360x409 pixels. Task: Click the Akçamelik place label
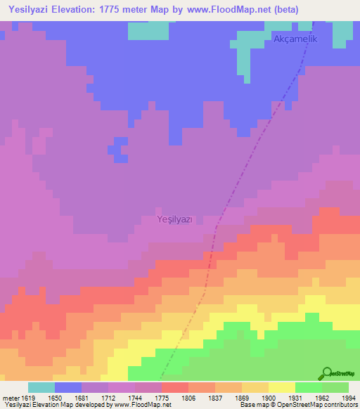(x=295, y=39)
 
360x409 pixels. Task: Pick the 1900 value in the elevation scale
(x=268, y=398)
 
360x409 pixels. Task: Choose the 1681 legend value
(x=82, y=398)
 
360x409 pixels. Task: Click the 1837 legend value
(x=214, y=398)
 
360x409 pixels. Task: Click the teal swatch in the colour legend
(x=41, y=387)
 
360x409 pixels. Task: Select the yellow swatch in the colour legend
(x=281, y=387)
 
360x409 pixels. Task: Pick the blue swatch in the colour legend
(x=68, y=387)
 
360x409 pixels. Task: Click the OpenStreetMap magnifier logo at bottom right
(x=326, y=374)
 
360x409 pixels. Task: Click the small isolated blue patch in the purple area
(x=117, y=147)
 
